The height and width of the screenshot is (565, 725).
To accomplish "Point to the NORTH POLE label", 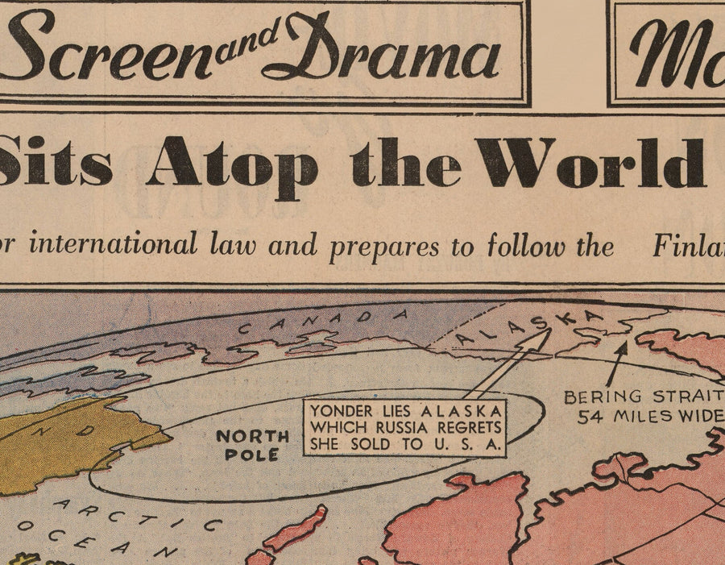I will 252,445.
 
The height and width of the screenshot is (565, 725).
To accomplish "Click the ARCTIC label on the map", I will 138,513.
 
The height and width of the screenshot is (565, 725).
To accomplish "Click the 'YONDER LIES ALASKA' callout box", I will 405,427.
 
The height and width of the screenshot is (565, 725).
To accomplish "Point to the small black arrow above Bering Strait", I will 619,362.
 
